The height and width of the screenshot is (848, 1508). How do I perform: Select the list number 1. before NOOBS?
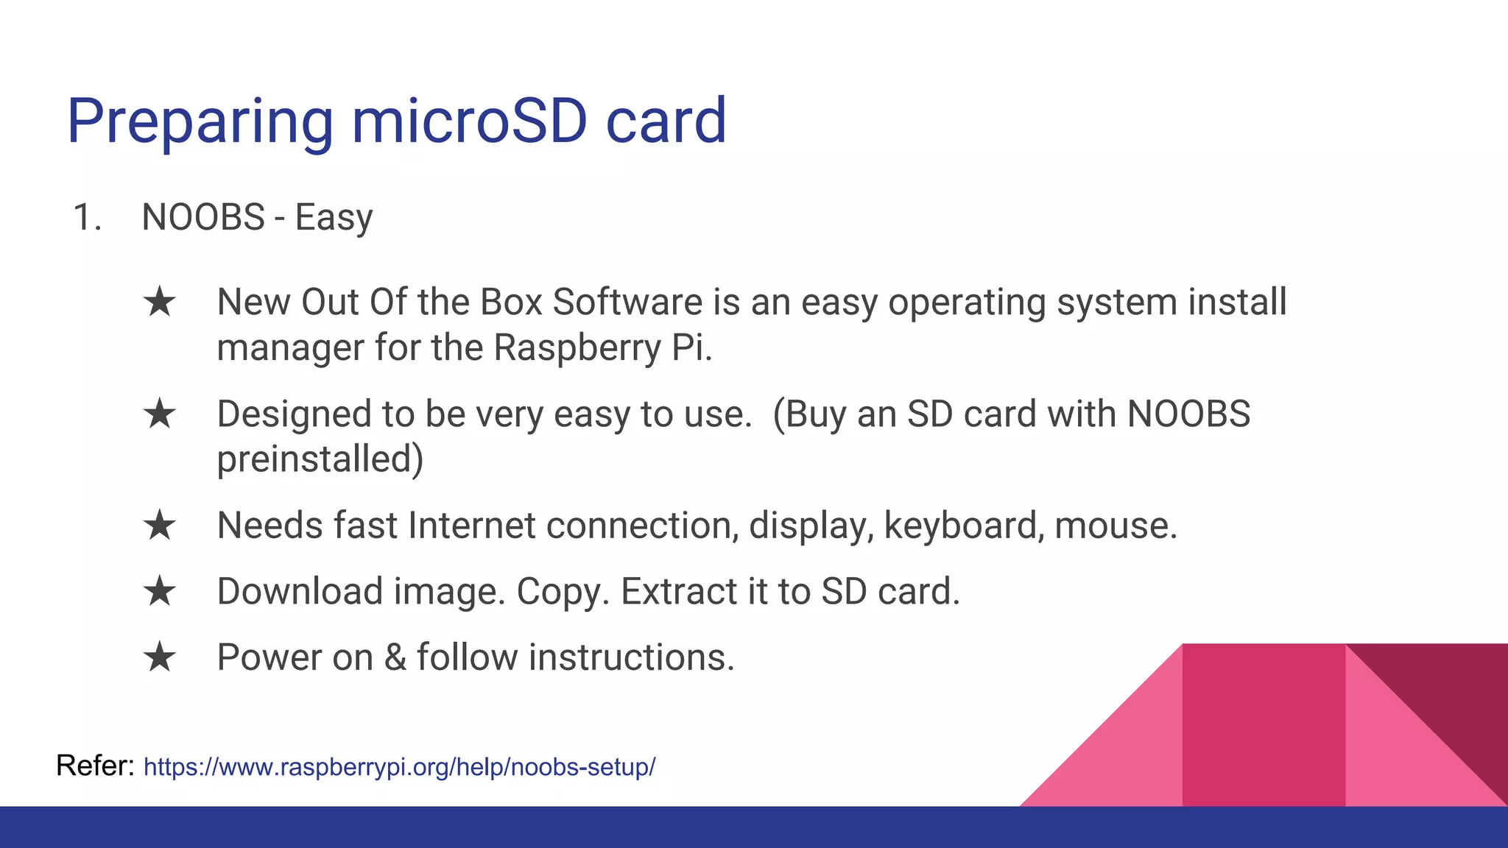(87, 218)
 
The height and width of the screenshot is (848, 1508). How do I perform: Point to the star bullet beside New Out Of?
(160, 303)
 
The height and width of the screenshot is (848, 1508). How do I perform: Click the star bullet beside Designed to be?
(160, 414)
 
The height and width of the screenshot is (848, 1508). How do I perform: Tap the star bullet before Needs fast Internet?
(160, 526)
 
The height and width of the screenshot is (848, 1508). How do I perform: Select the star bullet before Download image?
(160, 592)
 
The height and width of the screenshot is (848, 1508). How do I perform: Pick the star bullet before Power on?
(160, 657)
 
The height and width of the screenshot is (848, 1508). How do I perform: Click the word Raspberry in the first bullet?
(577, 348)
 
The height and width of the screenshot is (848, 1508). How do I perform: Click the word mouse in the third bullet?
(1115, 526)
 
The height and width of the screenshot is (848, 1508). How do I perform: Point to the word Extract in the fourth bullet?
(678, 592)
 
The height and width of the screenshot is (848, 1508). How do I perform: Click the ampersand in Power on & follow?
(395, 657)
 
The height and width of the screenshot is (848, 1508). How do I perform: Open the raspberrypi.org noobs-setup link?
(399, 767)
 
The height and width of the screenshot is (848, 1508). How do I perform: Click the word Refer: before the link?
(94, 766)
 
